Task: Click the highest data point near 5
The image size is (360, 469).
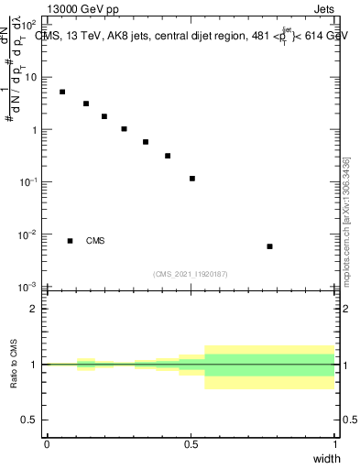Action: click(x=62, y=92)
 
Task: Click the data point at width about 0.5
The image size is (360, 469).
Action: click(x=192, y=179)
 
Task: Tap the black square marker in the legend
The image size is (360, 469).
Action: click(x=70, y=241)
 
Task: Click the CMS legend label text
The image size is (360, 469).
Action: click(x=95, y=241)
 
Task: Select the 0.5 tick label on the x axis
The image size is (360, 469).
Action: click(x=191, y=443)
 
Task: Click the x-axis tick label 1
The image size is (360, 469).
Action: click(x=335, y=443)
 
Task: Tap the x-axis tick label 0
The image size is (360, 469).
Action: click(x=47, y=443)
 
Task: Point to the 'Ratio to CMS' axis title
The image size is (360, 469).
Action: click(x=14, y=364)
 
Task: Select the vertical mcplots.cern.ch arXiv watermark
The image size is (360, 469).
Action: click(x=346, y=223)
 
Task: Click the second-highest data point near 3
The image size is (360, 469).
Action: click(x=86, y=104)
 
